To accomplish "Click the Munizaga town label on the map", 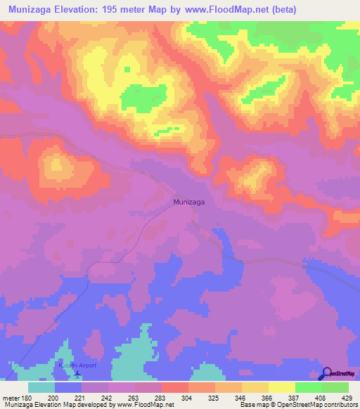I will (189, 202).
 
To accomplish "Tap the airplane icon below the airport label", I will (77, 372).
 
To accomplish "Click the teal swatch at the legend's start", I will (41, 387).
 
